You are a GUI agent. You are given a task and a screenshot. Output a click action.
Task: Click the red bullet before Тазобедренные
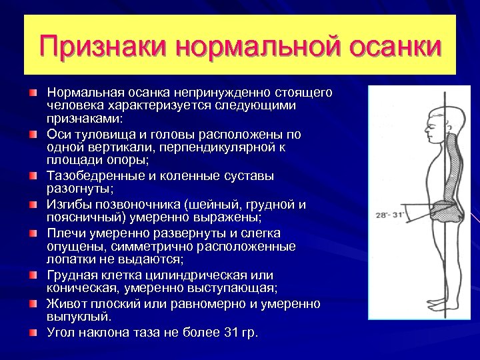[33, 176]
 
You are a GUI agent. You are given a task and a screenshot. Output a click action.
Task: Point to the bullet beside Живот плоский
[33, 304]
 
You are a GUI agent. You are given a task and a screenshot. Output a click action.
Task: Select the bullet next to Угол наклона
[33, 332]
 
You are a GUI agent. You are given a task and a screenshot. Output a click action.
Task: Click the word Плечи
[64, 233]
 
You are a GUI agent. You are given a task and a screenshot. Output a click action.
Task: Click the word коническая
[79, 288]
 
